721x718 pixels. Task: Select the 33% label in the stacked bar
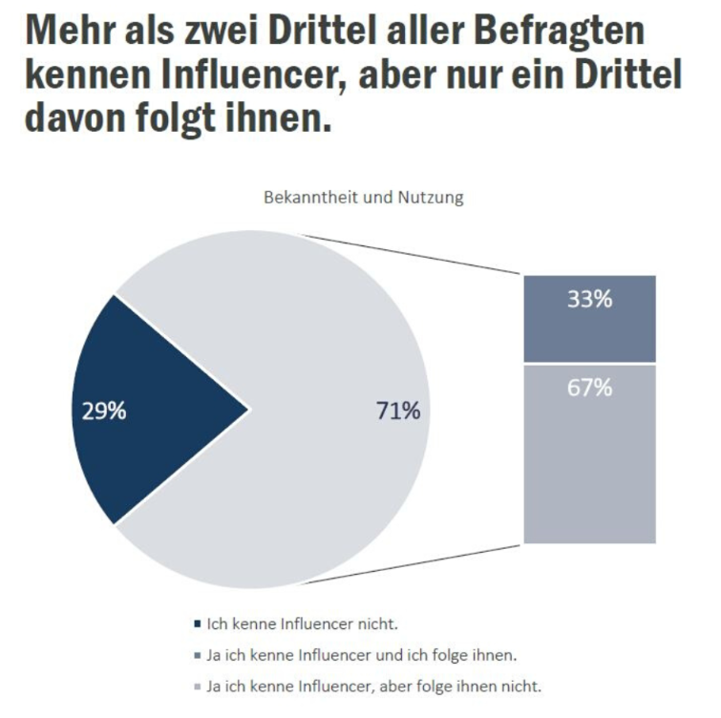point(589,299)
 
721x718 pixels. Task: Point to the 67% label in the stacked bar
point(589,389)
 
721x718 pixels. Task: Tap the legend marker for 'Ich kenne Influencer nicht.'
point(197,625)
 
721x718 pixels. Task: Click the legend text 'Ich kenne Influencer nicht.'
point(302,625)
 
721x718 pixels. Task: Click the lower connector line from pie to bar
point(430,563)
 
